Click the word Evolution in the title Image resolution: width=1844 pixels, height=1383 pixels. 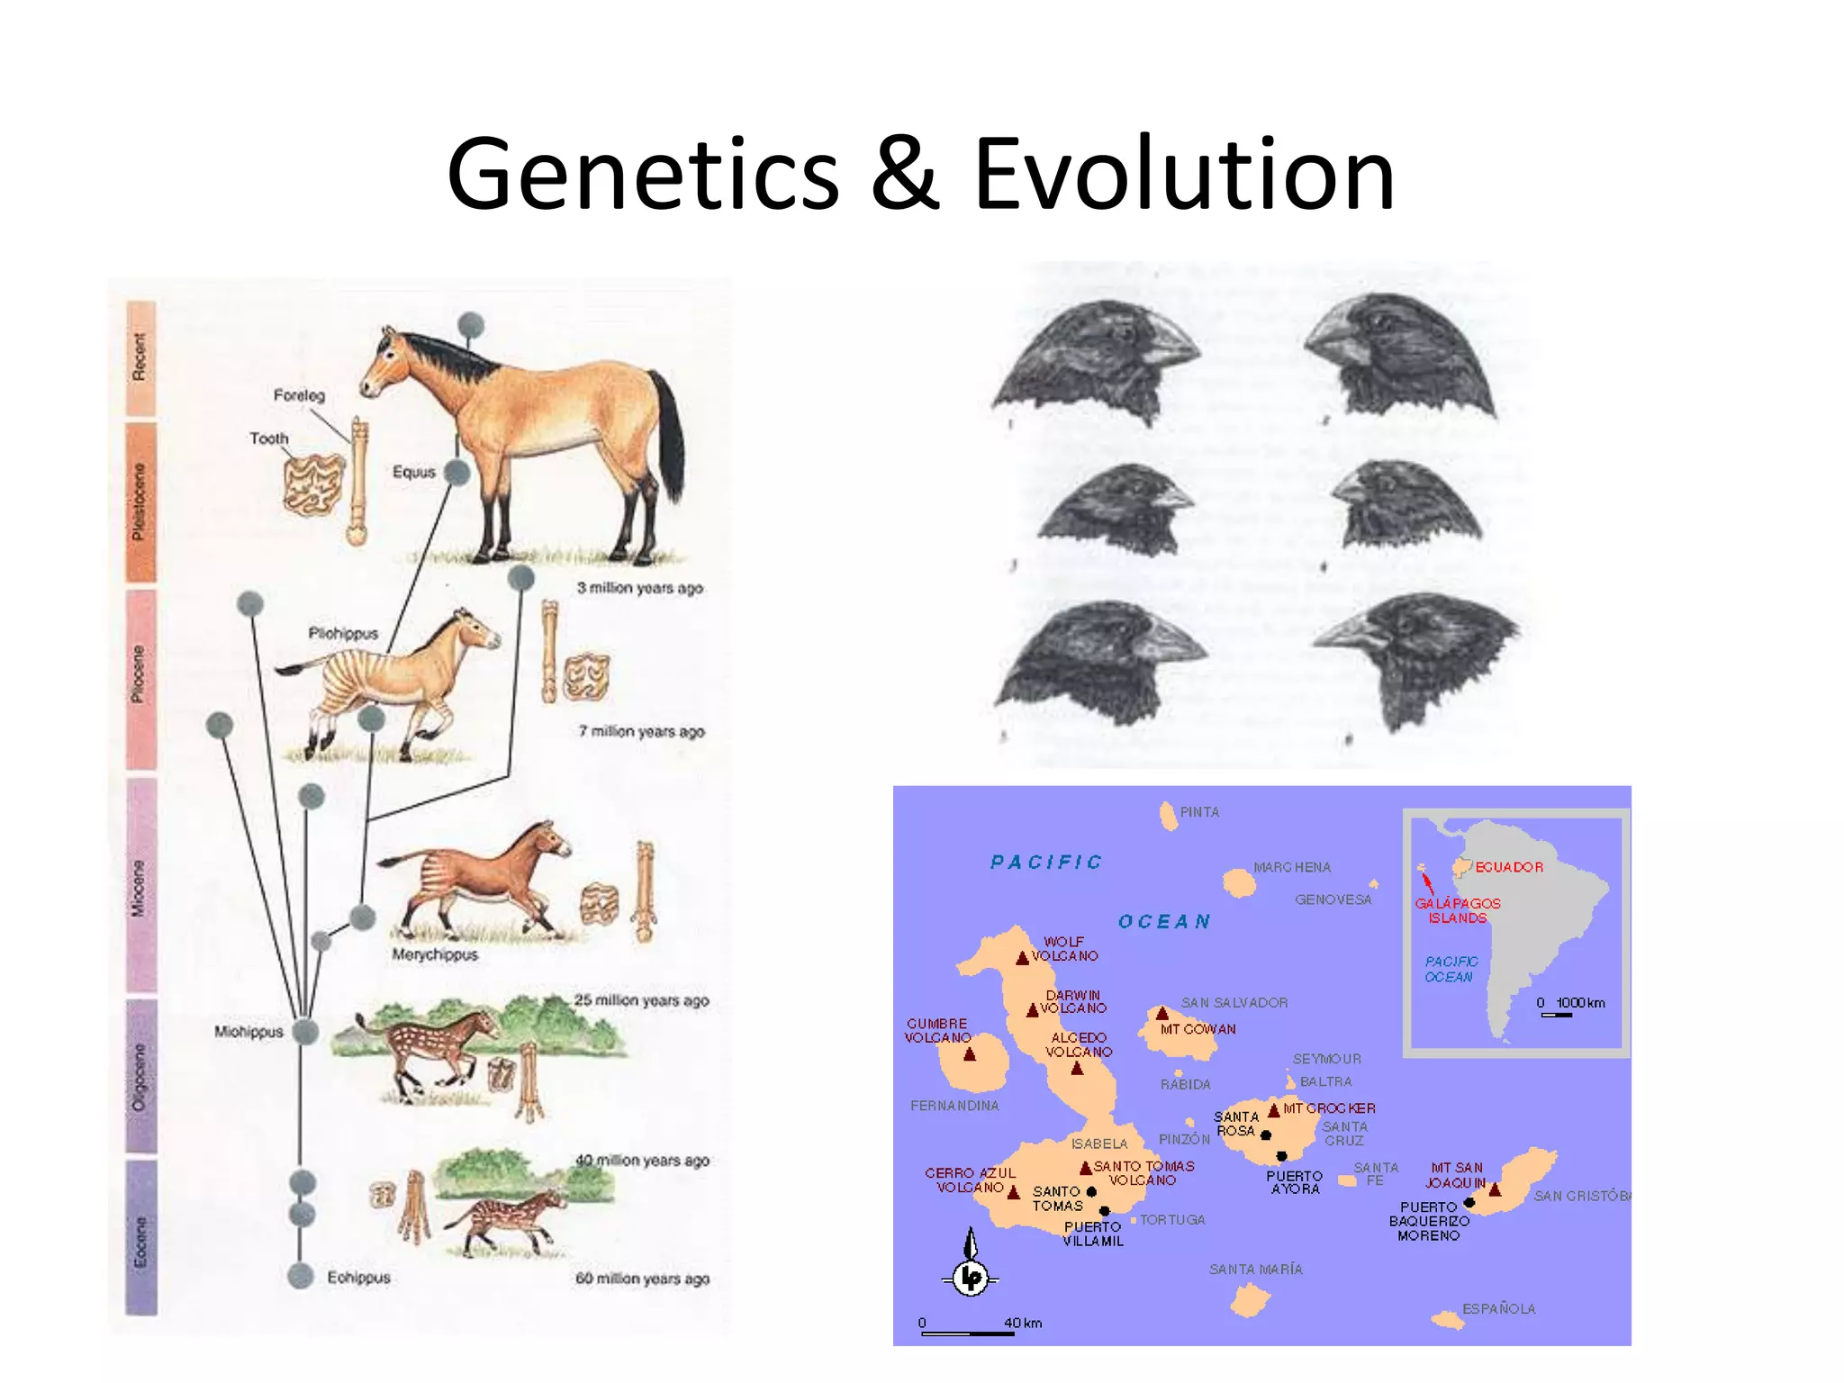[1183, 174]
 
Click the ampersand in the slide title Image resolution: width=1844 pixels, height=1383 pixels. [904, 174]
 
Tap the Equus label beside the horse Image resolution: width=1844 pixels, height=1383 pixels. [413, 472]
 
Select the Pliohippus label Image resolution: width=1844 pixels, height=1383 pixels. [343, 633]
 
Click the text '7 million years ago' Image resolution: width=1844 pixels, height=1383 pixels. [641, 731]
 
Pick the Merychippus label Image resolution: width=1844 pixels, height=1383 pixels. [435, 954]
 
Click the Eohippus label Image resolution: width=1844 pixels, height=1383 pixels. [358, 1277]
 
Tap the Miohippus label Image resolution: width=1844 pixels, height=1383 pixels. [249, 1032]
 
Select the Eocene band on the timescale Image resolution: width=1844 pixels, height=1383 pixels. [140, 1238]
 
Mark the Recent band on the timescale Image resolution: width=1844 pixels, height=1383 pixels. [140, 357]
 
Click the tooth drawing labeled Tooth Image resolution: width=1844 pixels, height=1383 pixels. [313, 484]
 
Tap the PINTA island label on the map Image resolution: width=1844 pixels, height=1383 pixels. [1199, 812]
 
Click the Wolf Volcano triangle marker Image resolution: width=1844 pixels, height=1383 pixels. [1022, 958]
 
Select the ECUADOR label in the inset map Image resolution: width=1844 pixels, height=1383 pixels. [1509, 867]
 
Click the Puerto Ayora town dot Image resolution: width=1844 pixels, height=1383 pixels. [1281, 1155]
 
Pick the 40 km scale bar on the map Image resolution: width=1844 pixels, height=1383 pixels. [968, 1333]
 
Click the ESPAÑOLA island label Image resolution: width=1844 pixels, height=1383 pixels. [1498, 1308]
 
